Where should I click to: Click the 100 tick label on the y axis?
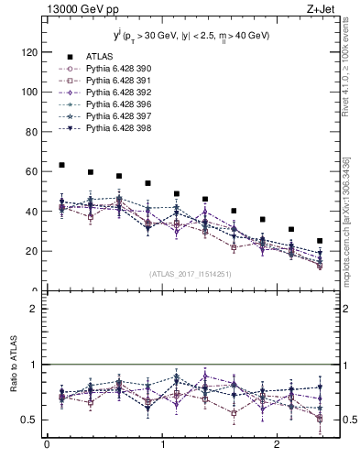point(27,93)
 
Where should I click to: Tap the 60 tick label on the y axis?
point(30,171)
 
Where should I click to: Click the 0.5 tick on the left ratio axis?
point(28,420)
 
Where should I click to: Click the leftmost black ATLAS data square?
point(61,165)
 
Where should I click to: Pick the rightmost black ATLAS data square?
point(320,241)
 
